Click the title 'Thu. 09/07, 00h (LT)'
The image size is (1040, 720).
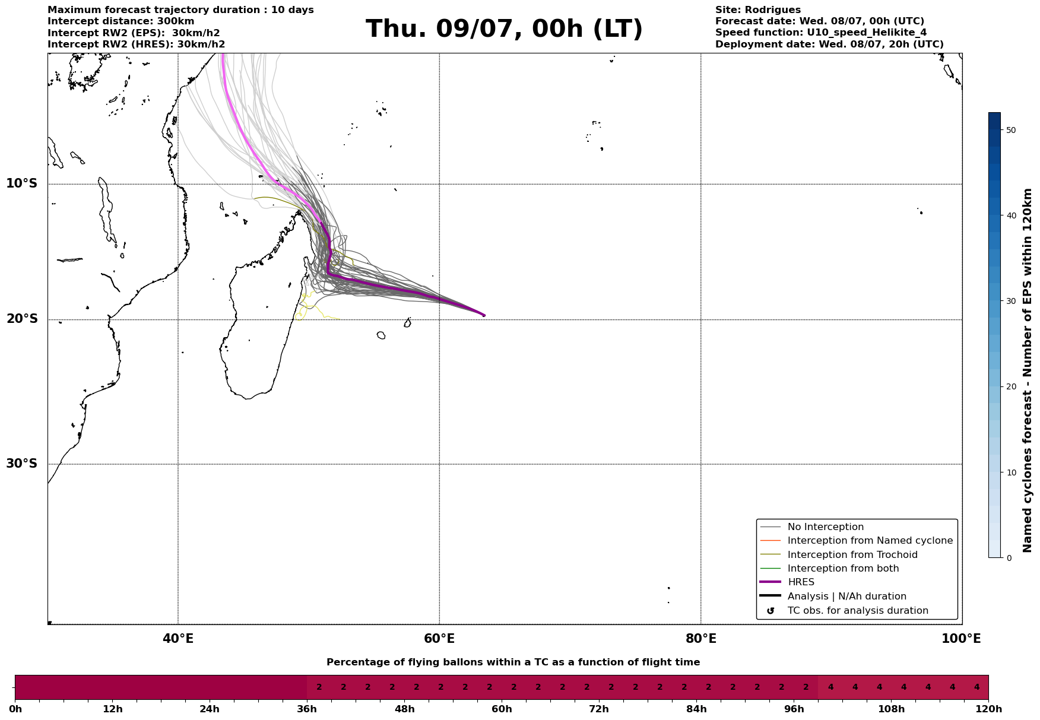point(504,29)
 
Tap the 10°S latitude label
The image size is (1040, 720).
point(22,183)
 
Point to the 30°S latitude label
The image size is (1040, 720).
point(22,464)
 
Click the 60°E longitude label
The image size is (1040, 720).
point(439,639)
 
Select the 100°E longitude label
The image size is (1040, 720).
point(961,639)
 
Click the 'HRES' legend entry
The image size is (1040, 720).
point(801,582)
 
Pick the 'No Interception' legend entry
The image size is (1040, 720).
point(826,527)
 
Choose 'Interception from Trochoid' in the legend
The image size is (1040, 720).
point(852,555)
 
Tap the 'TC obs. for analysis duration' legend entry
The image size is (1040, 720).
point(858,611)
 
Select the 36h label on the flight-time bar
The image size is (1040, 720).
point(307,709)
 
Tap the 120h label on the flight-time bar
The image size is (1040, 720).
point(988,709)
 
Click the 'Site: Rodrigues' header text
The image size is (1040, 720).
point(758,10)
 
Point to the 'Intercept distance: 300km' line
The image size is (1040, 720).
point(121,21)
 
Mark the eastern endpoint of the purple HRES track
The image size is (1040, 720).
point(484,315)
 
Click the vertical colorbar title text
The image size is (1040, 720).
point(1028,370)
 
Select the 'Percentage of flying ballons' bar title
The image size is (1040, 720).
point(513,662)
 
